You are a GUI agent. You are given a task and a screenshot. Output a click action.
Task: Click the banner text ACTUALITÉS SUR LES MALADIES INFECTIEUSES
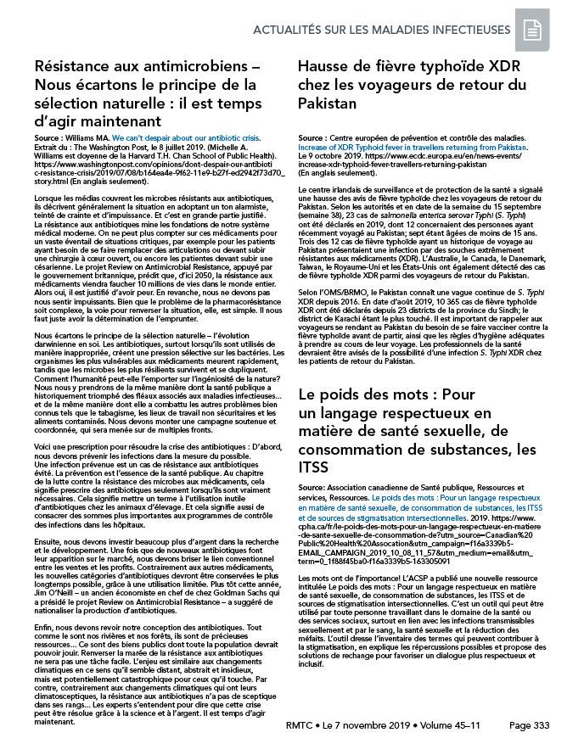pyautogui.click(x=394, y=30)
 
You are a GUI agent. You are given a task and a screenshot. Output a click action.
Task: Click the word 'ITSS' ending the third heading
pyautogui.click(x=312, y=467)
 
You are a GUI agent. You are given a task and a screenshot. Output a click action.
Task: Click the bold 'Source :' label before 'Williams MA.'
pyautogui.click(x=53, y=136)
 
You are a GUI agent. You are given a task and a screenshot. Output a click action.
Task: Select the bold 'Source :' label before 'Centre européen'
pyautogui.click(x=316, y=136)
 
